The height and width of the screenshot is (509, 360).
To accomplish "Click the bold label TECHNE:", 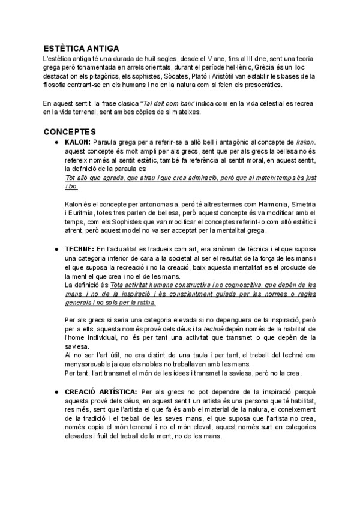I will coord(79,248).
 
